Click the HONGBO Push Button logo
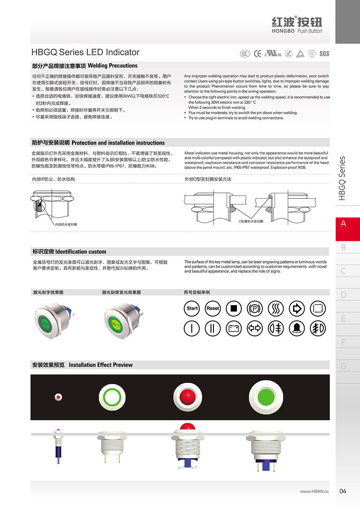297,25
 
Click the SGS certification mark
324,54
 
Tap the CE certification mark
257,54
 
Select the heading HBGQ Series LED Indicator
85,52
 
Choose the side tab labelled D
343,295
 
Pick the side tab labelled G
343,366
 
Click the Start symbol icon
192,309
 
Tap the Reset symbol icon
213,309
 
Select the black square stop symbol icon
234,309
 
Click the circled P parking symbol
254,309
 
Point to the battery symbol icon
234,328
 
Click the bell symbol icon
297,328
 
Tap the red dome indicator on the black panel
187,397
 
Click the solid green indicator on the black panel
266,397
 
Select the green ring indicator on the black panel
112,397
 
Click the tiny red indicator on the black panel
58,397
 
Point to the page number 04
343,491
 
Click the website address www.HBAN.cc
314,491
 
